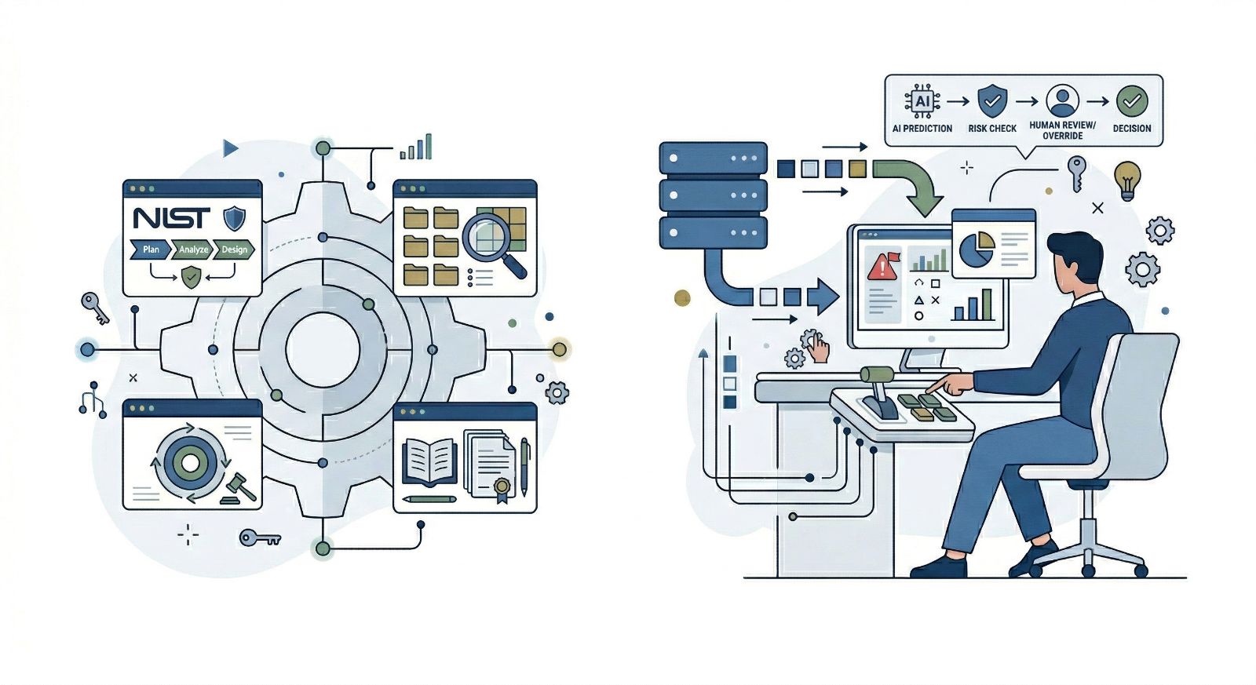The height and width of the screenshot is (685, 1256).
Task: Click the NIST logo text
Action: coord(172,217)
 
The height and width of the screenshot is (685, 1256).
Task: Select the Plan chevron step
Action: coord(151,250)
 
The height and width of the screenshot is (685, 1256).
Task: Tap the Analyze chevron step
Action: coord(193,250)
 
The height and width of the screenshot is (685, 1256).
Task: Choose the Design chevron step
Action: coord(234,250)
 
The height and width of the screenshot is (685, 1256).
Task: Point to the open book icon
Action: coord(429,461)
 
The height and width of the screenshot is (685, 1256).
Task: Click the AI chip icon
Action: coord(922,101)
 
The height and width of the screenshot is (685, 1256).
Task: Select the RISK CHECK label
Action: coord(992,128)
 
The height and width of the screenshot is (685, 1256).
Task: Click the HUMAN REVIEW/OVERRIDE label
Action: coord(1062,130)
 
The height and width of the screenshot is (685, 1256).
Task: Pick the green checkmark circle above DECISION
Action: coord(1132,101)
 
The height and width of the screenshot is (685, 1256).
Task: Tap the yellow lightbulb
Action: coord(1127,180)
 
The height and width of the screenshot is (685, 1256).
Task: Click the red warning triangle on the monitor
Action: coord(883,267)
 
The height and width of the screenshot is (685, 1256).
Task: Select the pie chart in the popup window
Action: coord(977,249)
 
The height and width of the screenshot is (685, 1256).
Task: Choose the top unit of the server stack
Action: coord(713,158)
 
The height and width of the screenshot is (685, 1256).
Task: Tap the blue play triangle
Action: coord(230,148)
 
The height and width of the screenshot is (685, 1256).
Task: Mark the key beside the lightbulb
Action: coord(1076,173)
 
